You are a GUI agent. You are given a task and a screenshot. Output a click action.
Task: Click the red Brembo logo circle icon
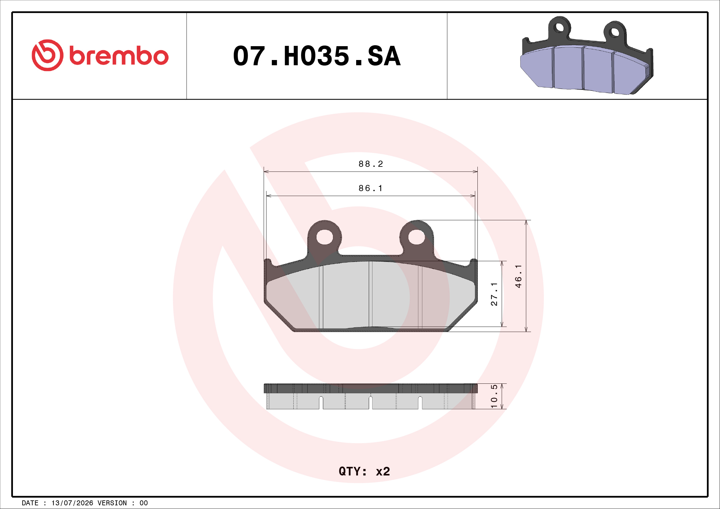tap(47, 55)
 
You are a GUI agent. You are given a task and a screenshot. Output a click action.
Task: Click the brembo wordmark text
tap(119, 56)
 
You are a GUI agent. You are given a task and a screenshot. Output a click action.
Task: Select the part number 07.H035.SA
tap(317, 56)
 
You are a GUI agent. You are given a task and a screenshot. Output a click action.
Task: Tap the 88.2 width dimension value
tap(371, 164)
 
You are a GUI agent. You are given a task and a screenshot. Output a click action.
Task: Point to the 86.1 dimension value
tap(371, 188)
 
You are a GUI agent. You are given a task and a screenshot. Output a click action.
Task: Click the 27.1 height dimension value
tap(494, 294)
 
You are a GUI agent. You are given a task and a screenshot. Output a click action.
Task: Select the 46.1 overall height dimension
tap(518, 276)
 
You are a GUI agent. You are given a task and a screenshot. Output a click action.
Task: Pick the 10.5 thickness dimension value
tap(494, 396)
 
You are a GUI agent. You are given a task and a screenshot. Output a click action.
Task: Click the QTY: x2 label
tap(364, 471)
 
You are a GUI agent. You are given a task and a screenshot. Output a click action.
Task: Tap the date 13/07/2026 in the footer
tap(72, 503)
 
